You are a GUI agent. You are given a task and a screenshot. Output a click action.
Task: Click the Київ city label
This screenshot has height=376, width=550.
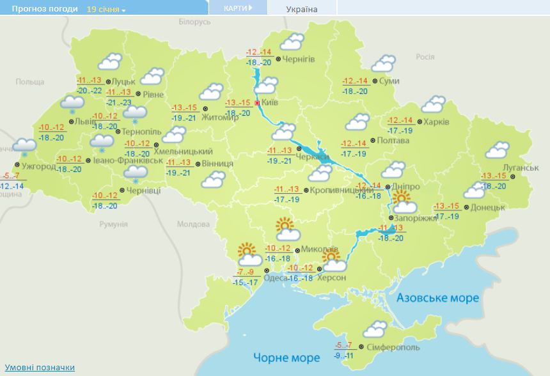click(x=270, y=102)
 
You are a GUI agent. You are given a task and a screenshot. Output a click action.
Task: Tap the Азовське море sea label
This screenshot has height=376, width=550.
click(x=437, y=298)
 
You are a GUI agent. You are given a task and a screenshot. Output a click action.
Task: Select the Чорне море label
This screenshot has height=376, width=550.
click(x=286, y=357)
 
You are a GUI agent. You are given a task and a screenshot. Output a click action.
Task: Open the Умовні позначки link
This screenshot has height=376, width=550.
click(x=40, y=368)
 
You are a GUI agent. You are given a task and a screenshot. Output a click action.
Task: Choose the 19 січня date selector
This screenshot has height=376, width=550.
click(x=106, y=10)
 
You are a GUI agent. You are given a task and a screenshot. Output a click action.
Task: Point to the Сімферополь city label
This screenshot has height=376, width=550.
click(x=393, y=347)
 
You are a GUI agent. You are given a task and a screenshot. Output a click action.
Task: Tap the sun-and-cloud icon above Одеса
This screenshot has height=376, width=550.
click(x=249, y=255)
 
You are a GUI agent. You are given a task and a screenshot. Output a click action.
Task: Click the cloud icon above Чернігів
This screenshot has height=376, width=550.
click(x=292, y=42)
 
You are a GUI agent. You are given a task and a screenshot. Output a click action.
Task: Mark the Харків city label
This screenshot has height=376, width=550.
click(x=436, y=121)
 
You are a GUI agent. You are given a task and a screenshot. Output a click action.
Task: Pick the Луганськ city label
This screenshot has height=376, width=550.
click(x=521, y=168)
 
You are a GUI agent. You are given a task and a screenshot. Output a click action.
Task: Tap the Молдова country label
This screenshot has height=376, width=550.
click(x=193, y=224)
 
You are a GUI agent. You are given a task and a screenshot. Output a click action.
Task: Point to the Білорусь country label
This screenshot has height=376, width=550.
click(x=194, y=22)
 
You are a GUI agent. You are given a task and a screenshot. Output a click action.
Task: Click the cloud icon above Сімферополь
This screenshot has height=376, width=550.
click(x=374, y=329)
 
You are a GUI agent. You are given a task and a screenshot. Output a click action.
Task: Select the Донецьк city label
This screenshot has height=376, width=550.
click(x=488, y=207)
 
